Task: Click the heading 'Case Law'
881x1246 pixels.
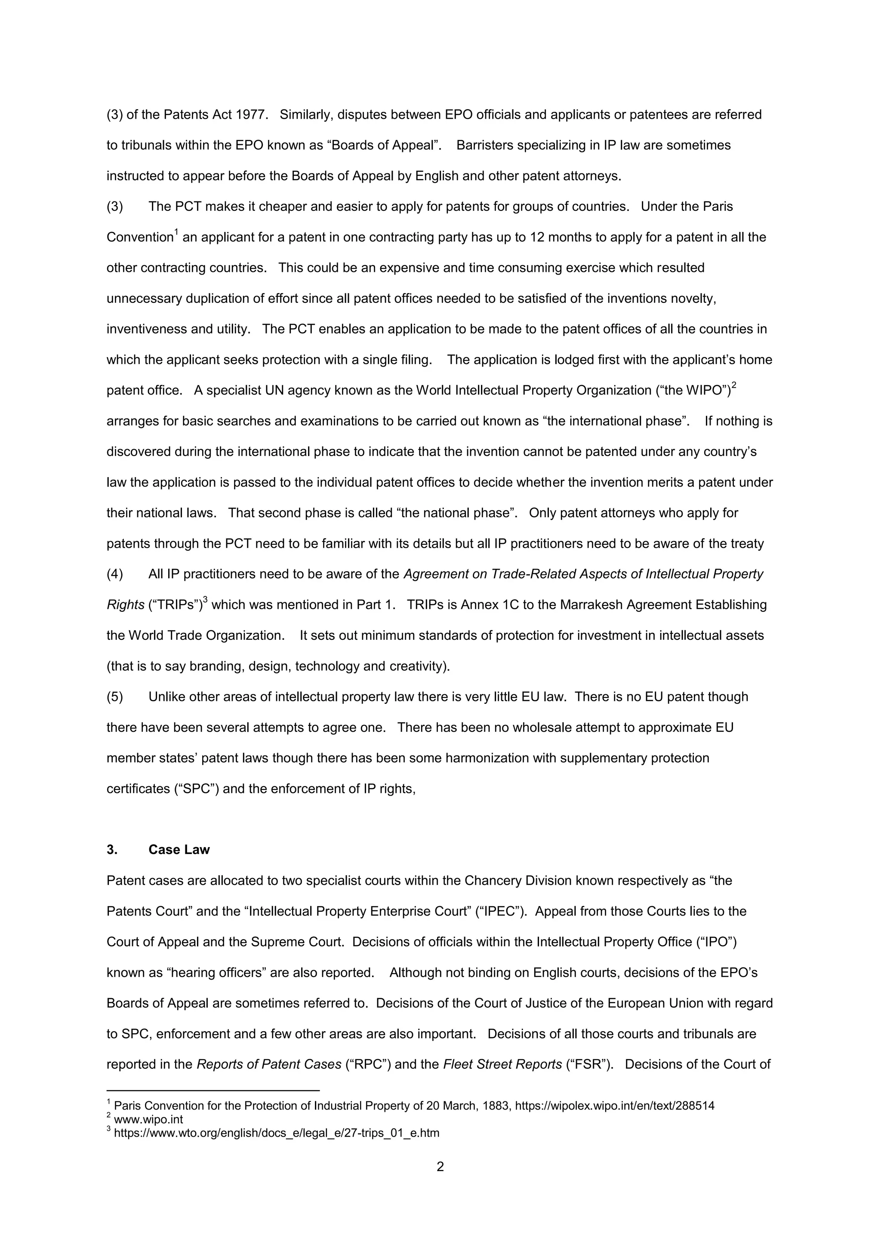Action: point(179,849)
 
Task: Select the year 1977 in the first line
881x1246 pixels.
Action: point(251,114)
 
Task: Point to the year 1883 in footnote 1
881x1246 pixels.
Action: point(494,1105)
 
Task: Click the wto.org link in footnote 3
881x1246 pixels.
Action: point(276,1132)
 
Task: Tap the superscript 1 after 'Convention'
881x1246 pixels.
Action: point(176,233)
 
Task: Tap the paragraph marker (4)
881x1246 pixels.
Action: point(114,574)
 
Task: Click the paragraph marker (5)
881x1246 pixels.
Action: point(114,697)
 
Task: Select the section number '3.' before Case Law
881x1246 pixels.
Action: point(112,849)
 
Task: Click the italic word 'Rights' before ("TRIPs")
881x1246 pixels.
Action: point(125,604)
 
